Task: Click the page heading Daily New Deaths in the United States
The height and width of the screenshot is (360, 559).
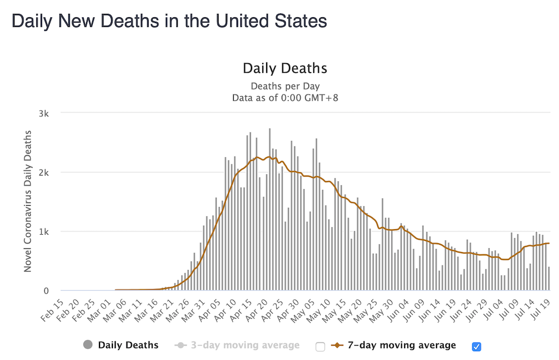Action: [x=169, y=21]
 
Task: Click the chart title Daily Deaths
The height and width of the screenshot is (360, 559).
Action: [x=285, y=69]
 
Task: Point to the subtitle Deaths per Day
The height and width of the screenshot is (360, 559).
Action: [x=285, y=86]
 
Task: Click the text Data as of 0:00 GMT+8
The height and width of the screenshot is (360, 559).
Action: [x=285, y=98]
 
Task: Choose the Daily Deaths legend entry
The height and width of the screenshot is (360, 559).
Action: [x=128, y=345]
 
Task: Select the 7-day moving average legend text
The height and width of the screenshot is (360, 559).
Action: [x=402, y=345]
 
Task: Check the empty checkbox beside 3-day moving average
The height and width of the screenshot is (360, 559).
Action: [x=320, y=347]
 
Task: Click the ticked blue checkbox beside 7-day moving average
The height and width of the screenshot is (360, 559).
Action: [x=476, y=347]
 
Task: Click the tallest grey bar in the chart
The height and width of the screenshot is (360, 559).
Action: [x=269, y=210]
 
